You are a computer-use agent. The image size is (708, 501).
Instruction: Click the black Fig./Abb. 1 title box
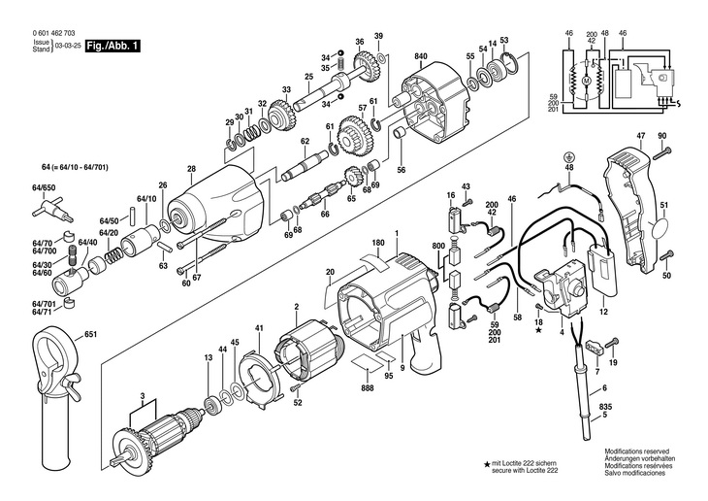pos(113,46)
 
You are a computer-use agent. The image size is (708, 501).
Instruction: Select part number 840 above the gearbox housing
pos(421,56)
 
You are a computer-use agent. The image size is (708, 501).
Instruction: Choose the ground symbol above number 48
pos(569,157)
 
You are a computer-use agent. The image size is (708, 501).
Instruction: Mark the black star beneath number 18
pos(538,330)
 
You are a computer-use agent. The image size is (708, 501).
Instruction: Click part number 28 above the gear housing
pos(191,169)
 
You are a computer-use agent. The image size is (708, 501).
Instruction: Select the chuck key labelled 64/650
pos(52,211)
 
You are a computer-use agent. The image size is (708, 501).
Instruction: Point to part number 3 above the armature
pos(143,396)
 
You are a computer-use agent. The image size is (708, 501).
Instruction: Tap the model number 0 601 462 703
pos(53,33)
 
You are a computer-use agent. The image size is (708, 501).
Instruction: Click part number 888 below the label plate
pos(368,388)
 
